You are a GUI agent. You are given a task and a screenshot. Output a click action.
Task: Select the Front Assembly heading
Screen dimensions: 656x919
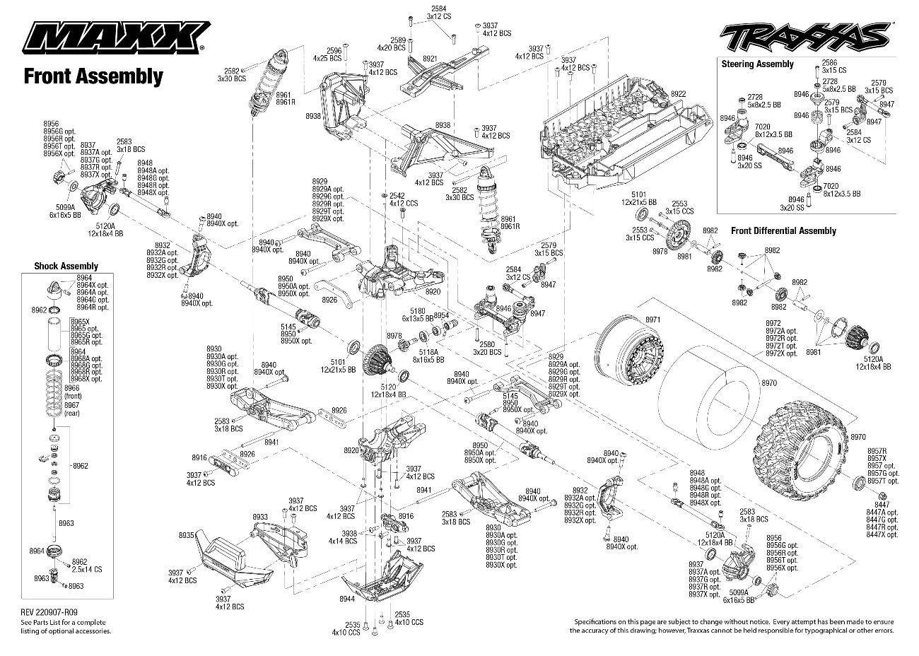93,76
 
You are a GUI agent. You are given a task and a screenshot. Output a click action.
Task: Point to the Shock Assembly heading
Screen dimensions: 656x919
66,266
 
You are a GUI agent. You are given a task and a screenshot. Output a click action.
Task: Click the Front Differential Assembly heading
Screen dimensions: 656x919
783,231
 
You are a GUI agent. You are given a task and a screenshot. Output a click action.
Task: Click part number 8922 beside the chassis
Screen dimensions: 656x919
678,94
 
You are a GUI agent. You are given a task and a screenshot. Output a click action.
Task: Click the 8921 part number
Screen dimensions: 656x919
429,59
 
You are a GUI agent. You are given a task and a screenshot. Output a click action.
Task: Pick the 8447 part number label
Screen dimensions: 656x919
882,505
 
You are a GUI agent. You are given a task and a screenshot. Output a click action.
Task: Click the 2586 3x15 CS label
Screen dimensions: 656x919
829,66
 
